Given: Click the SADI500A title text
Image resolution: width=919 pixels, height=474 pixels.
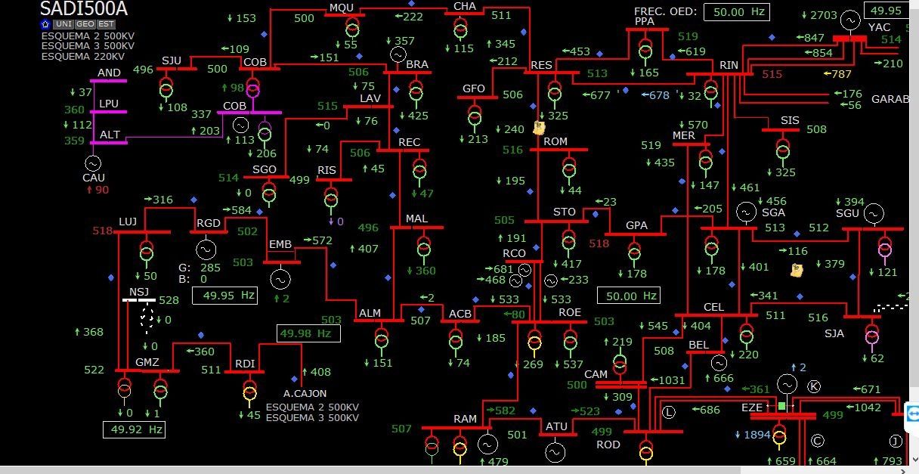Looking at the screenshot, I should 83,9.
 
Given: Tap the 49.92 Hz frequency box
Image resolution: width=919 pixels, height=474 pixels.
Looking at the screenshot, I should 134,429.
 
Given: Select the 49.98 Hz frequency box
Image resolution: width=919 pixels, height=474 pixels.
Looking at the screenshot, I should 308,333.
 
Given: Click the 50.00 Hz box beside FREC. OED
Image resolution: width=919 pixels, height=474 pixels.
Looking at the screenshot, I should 736,11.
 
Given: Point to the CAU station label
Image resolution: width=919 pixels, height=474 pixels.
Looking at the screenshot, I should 94,178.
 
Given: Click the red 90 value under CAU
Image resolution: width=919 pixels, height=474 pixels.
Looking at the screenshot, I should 98,190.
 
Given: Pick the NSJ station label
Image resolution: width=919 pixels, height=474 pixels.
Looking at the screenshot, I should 139,292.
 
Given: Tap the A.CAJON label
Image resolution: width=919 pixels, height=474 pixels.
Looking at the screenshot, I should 305,393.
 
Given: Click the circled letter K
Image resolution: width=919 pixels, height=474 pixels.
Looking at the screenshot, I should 814,386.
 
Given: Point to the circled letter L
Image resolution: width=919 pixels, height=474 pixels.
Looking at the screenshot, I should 668,412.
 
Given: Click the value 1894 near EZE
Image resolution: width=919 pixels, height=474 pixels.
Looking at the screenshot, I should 757,435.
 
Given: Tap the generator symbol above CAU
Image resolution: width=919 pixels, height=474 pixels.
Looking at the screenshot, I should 93,163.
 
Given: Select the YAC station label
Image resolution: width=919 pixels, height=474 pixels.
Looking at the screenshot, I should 879,27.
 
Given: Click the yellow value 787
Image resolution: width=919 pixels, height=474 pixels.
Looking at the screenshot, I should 840,74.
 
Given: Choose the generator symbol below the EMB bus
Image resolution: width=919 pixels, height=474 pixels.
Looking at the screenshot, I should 280,280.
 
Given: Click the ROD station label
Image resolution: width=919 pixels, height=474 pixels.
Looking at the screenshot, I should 608,445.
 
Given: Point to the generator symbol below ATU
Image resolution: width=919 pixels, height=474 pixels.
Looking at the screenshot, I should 555,452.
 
